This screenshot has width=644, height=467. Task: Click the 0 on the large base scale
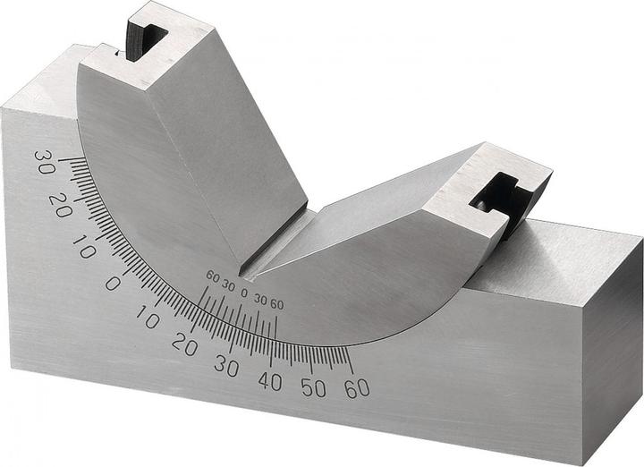(112, 283)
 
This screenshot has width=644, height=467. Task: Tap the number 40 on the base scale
(269, 380)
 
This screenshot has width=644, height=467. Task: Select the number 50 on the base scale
(313, 387)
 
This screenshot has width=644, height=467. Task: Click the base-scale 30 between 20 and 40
(225, 366)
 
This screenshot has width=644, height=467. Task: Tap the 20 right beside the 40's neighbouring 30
(184, 344)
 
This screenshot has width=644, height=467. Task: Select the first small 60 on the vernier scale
(212, 276)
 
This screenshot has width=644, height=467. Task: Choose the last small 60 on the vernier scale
(276, 305)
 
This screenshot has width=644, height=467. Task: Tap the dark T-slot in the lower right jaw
(497, 193)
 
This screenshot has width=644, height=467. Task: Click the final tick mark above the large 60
(349, 362)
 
